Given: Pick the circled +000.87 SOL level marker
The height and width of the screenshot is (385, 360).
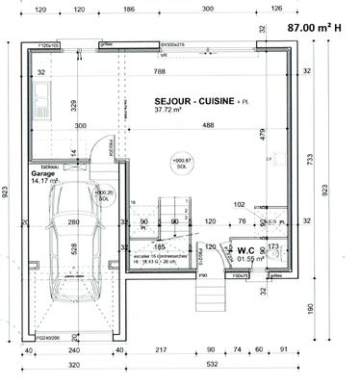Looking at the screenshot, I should tap(180, 163).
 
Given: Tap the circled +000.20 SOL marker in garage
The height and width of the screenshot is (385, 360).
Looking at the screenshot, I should tap(104, 194).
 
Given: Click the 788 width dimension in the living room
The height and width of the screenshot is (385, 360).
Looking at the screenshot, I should tap(169, 71).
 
